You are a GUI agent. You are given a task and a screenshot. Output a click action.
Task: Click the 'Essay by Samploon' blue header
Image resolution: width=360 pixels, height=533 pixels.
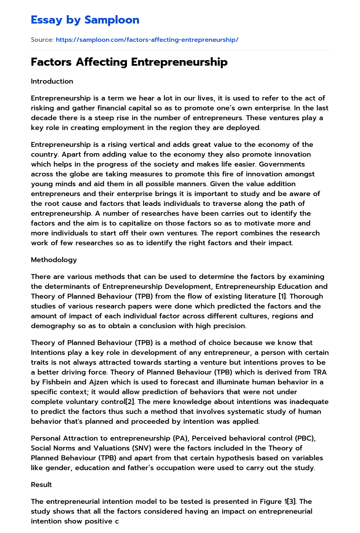pos(85,20)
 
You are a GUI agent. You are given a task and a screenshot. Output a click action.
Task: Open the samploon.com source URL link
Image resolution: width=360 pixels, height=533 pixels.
pos(147,40)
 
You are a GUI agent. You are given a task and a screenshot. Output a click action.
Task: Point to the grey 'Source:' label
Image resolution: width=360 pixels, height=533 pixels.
pos(42,40)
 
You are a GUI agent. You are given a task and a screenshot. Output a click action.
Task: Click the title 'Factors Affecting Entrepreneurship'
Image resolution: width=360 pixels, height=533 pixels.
pos(129,62)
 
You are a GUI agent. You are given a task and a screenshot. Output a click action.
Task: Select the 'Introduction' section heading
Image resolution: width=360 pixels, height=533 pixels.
pos(52,81)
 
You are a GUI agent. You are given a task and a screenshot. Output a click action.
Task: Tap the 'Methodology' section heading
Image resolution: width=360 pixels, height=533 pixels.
pos(54,260)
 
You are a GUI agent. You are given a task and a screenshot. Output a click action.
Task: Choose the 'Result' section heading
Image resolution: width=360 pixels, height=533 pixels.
pos(41,485)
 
